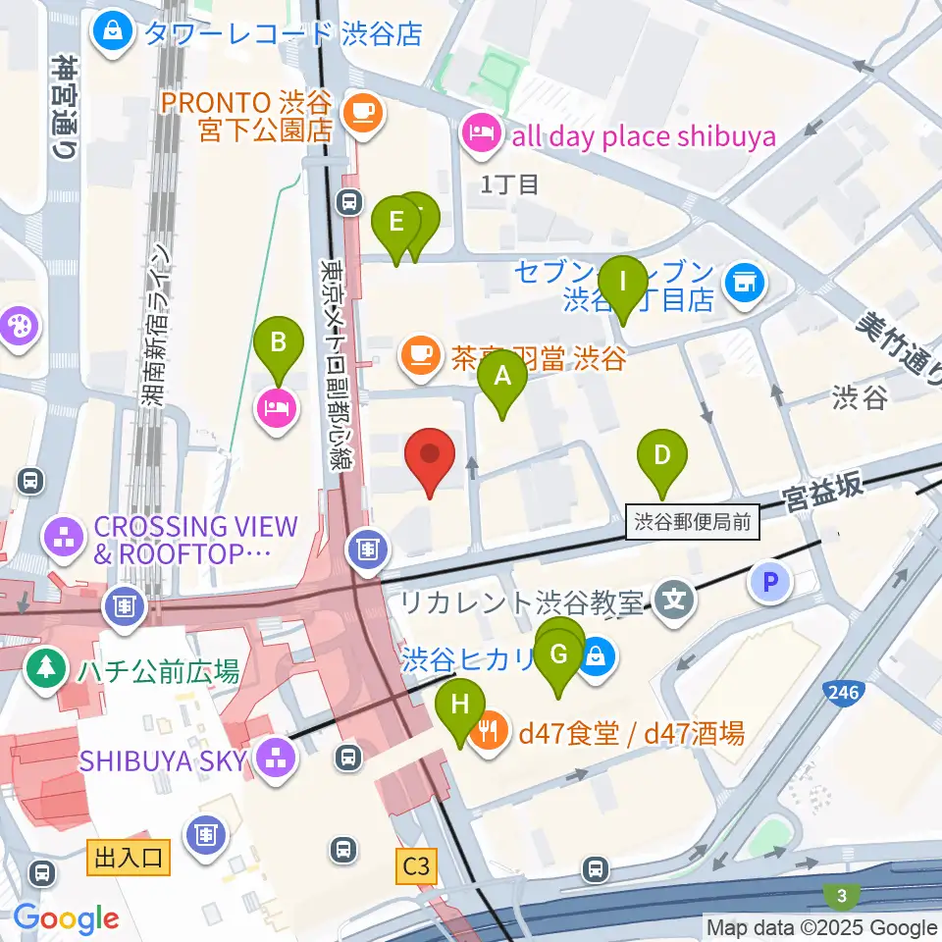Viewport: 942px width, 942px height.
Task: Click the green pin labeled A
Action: point(501,377)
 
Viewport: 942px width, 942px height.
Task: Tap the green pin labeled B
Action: point(279,343)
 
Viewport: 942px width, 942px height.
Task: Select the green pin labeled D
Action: point(662,455)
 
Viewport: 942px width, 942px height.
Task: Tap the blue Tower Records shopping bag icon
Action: point(115,32)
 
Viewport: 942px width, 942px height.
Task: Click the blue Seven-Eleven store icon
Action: point(742,284)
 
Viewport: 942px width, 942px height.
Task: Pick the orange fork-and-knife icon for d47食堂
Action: point(489,731)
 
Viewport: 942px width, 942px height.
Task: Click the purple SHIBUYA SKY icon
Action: point(276,759)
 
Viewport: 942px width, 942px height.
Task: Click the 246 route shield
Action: point(844,694)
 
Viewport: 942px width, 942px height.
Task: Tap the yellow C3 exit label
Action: point(416,866)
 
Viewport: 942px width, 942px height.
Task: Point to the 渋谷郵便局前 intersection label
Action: point(693,522)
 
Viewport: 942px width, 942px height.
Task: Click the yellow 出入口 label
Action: point(129,858)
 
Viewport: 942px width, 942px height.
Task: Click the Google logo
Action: point(66,918)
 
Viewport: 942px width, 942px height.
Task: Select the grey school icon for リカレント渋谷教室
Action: point(674,598)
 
